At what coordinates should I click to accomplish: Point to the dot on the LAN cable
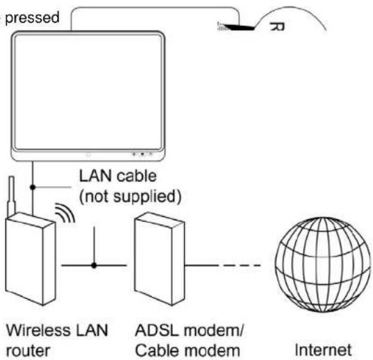tap(32, 187)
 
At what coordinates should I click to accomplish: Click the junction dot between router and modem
tap(94, 264)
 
